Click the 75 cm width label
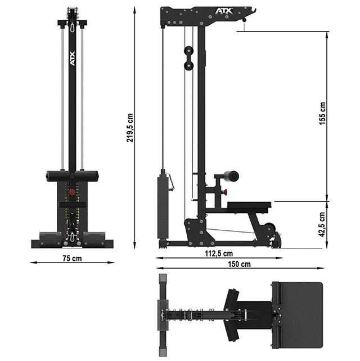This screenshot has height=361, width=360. pyautogui.click(x=72, y=259)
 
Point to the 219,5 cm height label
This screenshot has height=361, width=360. pyautogui.click(x=130, y=128)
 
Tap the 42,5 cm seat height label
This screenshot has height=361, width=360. pyautogui.click(x=322, y=224)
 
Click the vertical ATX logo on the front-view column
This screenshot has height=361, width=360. pyautogui.click(x=72, y=60)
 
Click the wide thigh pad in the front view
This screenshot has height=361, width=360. pyautogui.click(x=72, y=176)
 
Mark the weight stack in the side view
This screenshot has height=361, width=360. pyautogui.click(x=163, y=206)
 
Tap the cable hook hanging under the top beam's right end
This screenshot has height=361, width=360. pyautogui.click(x=244, y=20)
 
